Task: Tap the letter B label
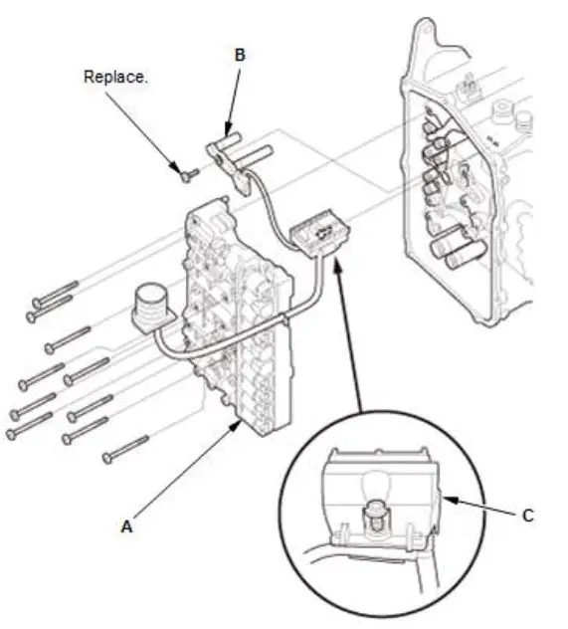239,55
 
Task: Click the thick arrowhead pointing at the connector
339,263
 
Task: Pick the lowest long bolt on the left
126,449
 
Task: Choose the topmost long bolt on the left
55,294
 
